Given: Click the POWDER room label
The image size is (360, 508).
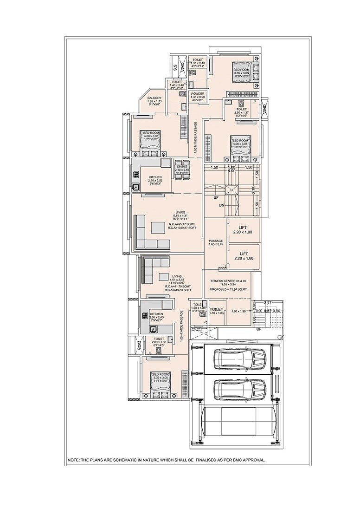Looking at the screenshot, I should (x=197, y=94).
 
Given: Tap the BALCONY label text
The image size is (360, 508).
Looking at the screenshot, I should (x=154, y=98).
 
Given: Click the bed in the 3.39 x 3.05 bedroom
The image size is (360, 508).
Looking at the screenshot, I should (x=161, y=382).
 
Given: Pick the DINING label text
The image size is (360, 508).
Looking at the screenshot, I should (x=181, y=167).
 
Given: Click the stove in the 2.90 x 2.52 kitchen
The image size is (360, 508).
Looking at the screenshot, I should (x=136, y=175).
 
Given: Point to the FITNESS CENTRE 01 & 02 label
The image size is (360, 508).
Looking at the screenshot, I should (x=230, y=281).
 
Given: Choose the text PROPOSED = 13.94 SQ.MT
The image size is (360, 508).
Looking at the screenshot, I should (x=230, y=289).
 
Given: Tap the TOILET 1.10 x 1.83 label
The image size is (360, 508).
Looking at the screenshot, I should (x=217, y=310).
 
